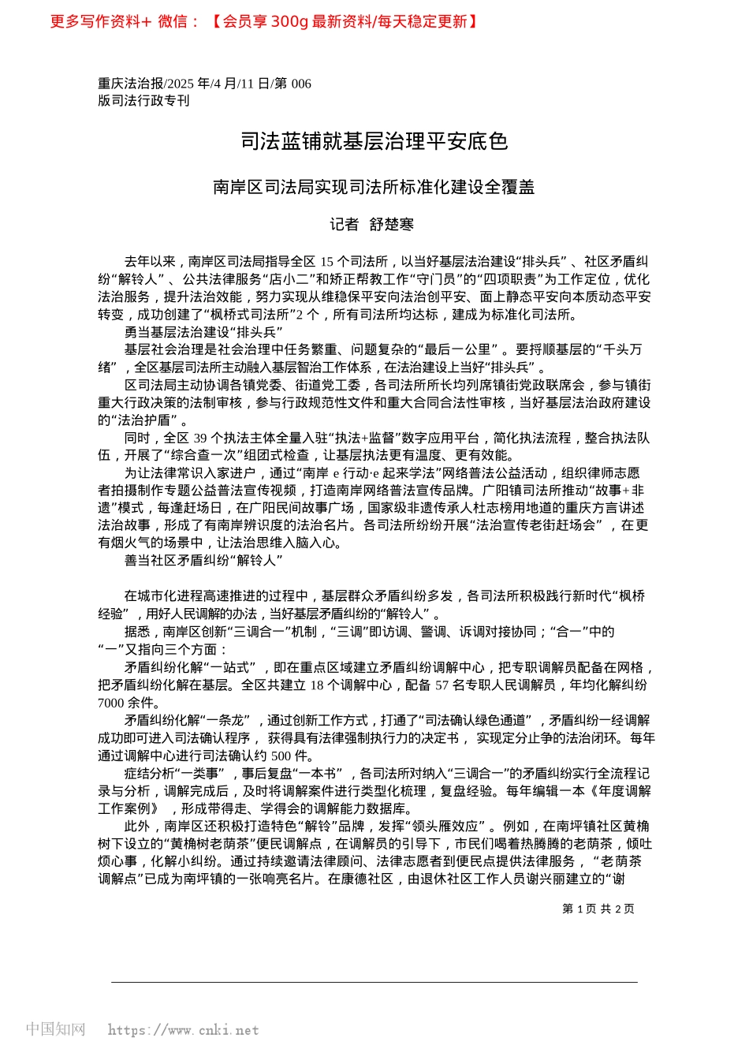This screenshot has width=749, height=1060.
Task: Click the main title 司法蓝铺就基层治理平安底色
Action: point(374,142)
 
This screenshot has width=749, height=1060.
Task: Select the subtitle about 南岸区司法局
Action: point(374,187)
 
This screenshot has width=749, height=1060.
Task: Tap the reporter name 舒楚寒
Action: point(392,225)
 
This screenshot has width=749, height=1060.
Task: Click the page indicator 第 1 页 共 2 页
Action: point(598,909)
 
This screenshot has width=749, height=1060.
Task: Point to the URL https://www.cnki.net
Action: point(183,1030)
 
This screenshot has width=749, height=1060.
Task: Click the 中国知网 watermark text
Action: point(55,1029)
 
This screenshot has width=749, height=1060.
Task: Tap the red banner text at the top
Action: point(264,22)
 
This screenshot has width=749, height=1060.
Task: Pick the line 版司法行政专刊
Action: point(143,101)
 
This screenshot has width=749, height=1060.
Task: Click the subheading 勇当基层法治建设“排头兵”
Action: point(203,332)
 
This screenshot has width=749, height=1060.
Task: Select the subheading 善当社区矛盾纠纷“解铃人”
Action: point(203,561)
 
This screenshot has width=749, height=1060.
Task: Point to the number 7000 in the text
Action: point(111,703)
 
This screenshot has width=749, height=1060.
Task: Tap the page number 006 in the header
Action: point(301,84)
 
